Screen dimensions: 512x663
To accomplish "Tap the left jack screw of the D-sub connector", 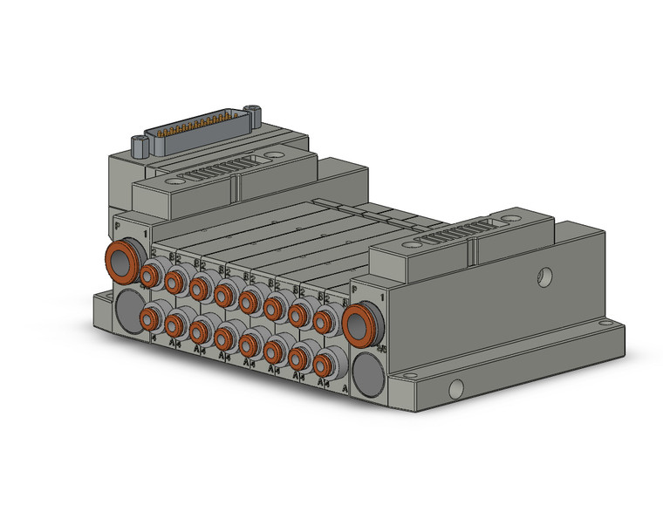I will pyautogui.click(x=140, y=141).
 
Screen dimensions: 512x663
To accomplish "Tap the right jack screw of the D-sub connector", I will pyautogui.click(x=254, y=111).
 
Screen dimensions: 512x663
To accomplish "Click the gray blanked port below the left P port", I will pyautogui.click(x=128, y=309).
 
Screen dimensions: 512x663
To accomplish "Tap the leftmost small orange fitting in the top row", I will pyautogui.click(x=150, y=276).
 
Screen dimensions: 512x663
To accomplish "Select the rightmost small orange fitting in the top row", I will pyautogui.click(x=325, y=322).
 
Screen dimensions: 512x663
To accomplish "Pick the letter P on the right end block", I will pyautogui.click(x=354, y=287).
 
